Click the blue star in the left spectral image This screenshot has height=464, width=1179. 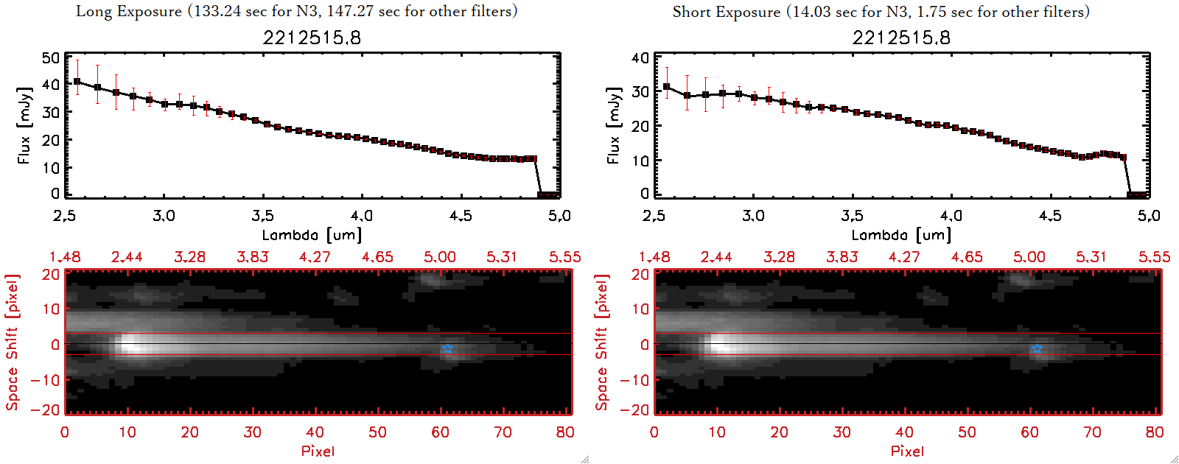(447, 348)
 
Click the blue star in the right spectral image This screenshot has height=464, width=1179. (1037, 348)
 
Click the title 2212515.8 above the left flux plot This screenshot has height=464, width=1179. (312, 38)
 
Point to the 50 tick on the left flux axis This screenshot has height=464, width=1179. (51, 57)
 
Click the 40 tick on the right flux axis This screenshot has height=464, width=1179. (640, 57)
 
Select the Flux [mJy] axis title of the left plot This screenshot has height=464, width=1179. (24, 126)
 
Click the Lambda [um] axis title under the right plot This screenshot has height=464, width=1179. (901, 235)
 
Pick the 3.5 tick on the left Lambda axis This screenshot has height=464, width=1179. (262, 216)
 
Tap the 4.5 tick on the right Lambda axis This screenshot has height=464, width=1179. (1050, 216)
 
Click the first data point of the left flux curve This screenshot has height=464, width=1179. (77, 82)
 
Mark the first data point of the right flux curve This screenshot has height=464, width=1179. (667, 87)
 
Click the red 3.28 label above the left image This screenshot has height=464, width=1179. (189, 257)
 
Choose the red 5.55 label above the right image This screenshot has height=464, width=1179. (1154, 257)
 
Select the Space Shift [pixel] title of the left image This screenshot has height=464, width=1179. (12, 342)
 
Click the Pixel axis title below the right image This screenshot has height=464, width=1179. (907, 451)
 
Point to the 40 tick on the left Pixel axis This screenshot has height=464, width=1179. (315, 432)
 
